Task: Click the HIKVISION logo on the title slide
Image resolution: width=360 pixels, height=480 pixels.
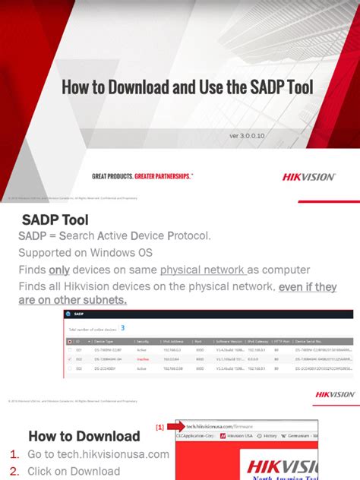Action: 308,177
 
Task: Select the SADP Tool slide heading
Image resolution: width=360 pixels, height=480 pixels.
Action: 55,219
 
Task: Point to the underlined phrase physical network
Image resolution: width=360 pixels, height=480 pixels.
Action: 203,270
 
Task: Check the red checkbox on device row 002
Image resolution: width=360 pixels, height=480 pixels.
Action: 71,358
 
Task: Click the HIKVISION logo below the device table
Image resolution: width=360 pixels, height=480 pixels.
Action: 334,394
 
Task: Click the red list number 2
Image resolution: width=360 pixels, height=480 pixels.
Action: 14,472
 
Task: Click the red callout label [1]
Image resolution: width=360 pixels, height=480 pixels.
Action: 160,428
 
